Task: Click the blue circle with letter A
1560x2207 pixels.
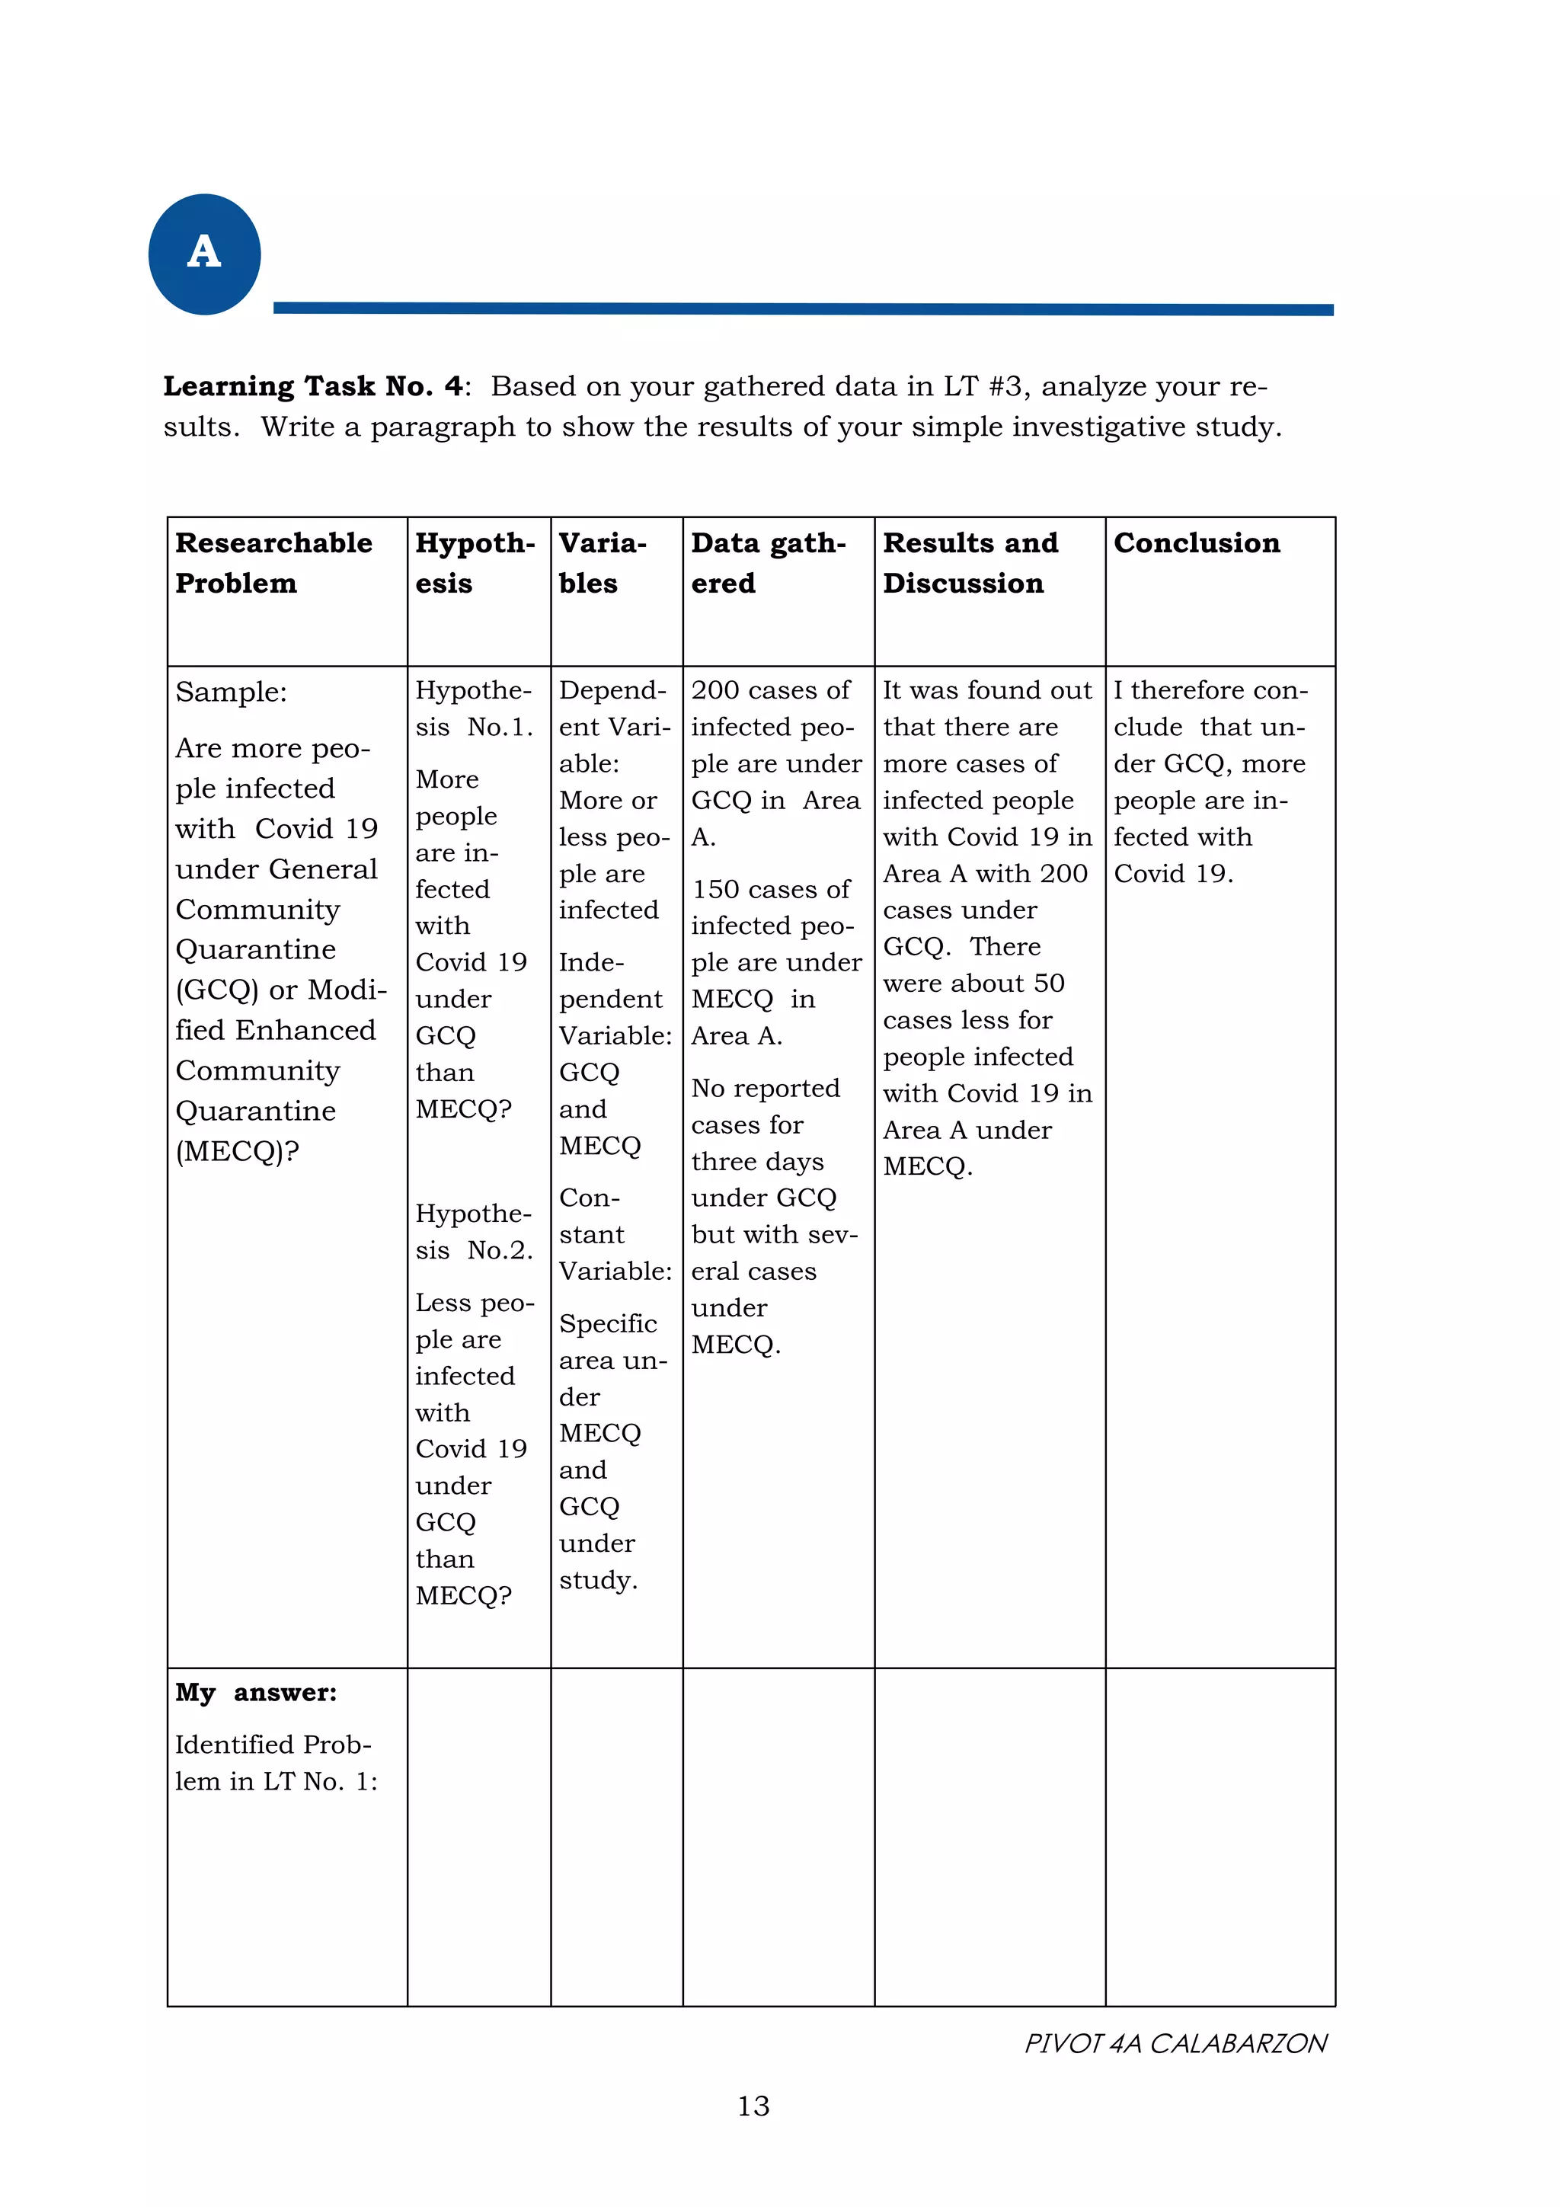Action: pyautogui.click(x=204, y=254)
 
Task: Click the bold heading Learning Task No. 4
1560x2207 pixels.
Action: pyautogui.click(x=313, y=386)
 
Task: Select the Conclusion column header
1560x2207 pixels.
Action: pyautogui.click(x=1196, y=543)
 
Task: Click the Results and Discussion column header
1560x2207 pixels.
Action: pyautogui.click(x=970, y=562)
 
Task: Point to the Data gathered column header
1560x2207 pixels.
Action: pyautogui.click(x=768, y=562)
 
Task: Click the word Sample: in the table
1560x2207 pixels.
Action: pyautogui.click(x=231, y=692)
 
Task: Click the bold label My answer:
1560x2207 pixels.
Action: pyautogui.click(x=256, y=1693)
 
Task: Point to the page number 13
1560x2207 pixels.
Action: pyautogui.click(x=753, y=2106)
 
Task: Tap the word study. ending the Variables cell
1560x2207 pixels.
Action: pyautogui.click(x=598, y=1579)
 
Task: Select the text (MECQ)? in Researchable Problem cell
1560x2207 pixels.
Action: pyautogui.click(x=236, y=1150)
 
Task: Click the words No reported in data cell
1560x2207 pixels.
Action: pyautogui.click(x=765, y=1088)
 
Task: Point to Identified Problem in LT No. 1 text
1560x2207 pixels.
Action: pyautogui.click(x=275, y=1762)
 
